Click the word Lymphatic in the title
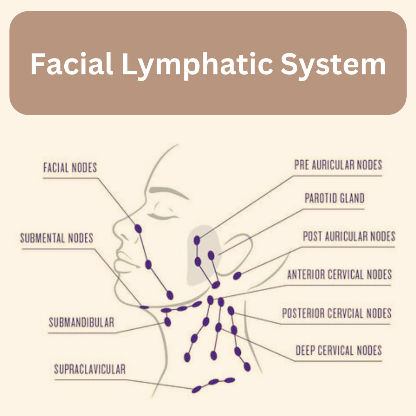coord(197,65)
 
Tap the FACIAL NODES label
coord(70,168)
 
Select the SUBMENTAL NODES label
coord(57,238)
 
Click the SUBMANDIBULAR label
coord(81,322)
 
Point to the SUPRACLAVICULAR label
coord(90,369)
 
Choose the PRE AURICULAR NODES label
coord(338,165)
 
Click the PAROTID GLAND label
coord(334,198)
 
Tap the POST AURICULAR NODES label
coord(349,236)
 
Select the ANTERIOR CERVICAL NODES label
coord(339,274)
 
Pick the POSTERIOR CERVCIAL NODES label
coord(337,313)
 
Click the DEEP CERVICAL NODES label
coord(339,351)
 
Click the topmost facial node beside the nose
coord(138,228)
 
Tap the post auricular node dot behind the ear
coord(237,276)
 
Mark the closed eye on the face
coord(163,215)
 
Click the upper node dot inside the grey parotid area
coord(197,240)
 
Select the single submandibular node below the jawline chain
coord(168,322)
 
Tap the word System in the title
coord(333,65)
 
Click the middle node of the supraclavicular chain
coord(213,382)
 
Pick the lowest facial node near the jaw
coord(170,295)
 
